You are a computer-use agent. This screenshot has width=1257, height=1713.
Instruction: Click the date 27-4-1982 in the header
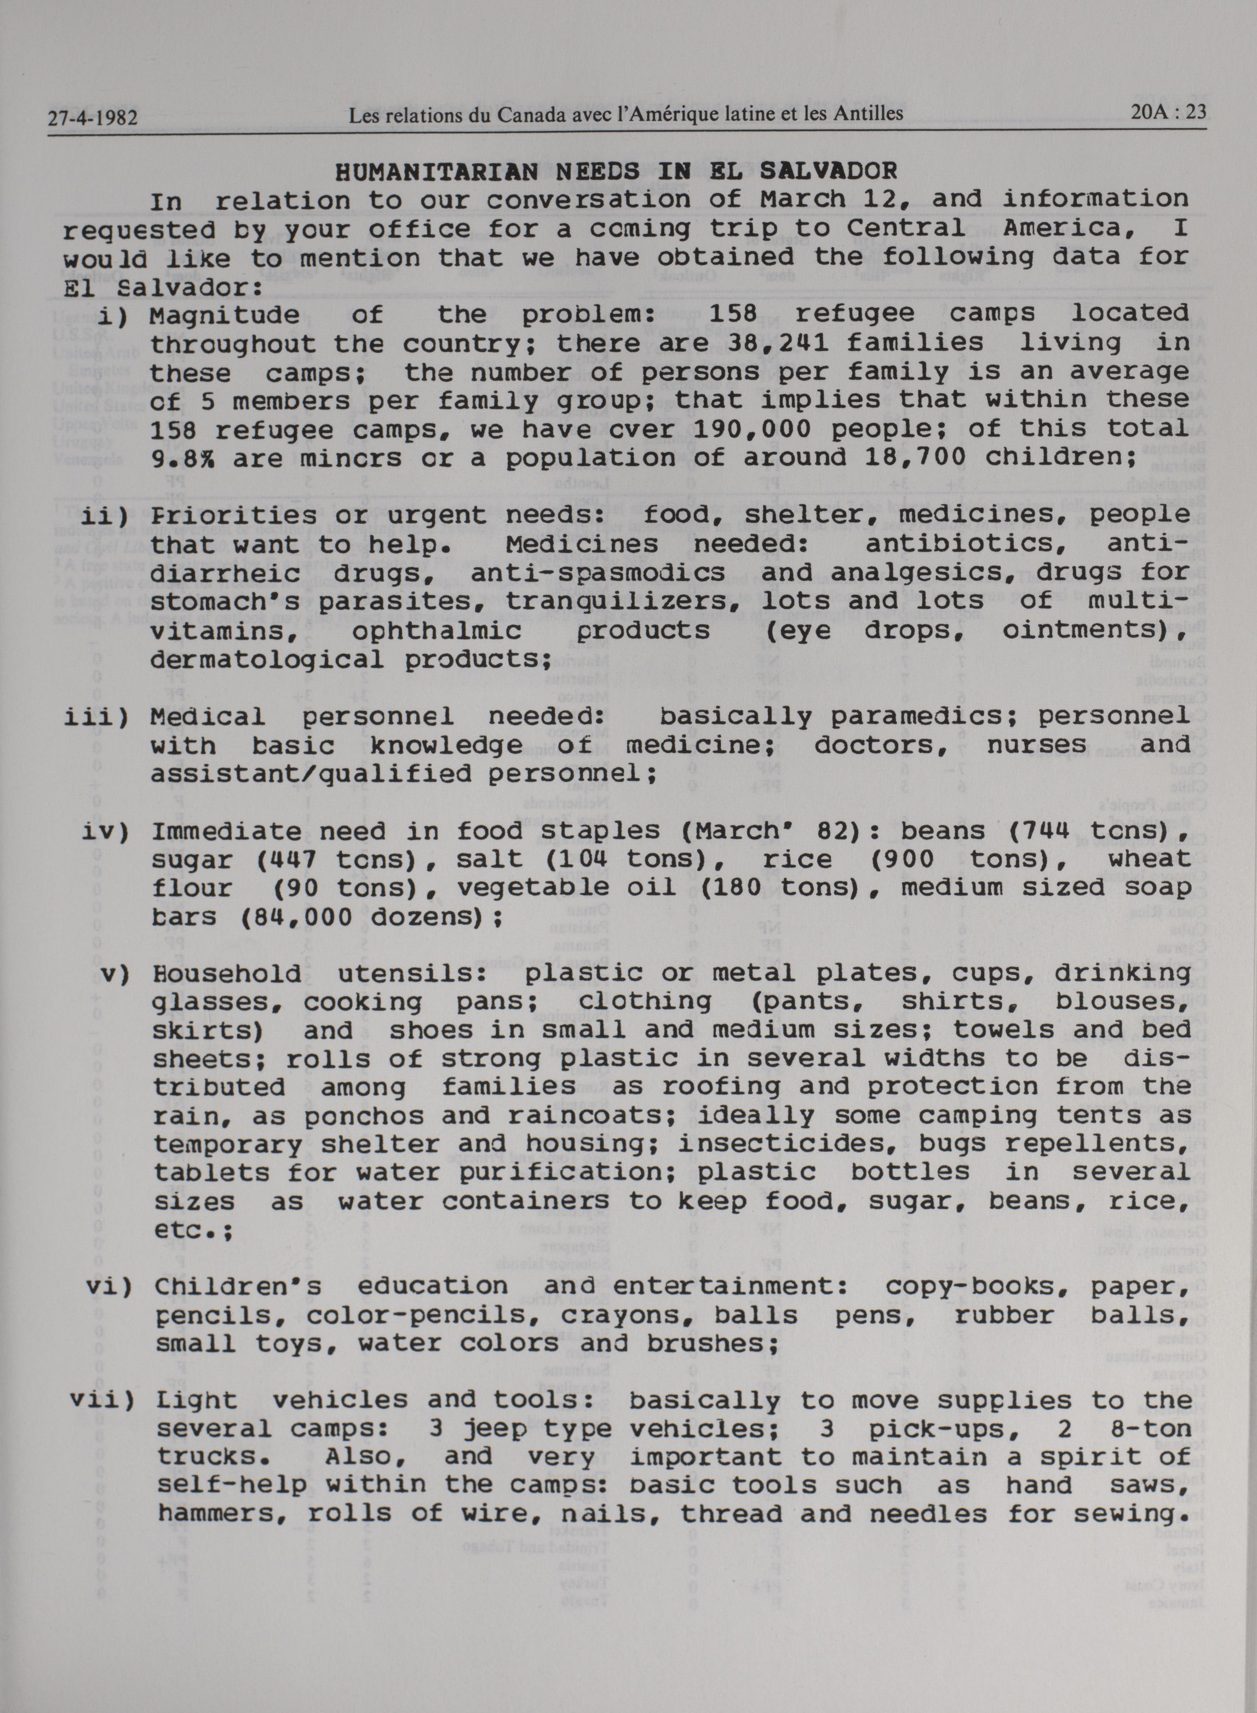coord(92,118)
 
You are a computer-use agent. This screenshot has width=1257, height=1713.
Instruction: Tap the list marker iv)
coord(106,832)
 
